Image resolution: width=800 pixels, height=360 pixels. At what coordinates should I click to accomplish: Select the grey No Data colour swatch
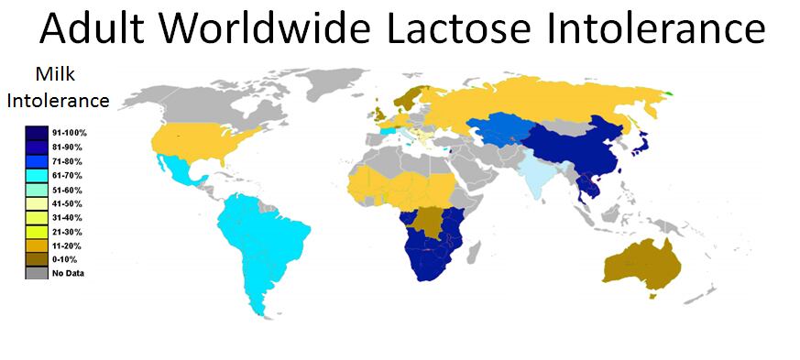(38, 273)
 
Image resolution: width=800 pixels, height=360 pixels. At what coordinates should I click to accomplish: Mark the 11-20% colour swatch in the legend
(38, 245)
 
